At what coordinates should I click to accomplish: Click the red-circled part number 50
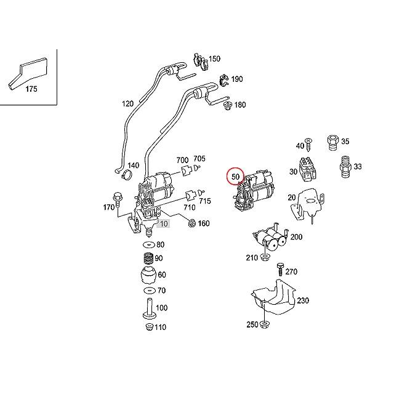pos(235,177)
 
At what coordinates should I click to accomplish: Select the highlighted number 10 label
pos(164,223)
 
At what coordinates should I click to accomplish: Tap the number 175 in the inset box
pos(31,89)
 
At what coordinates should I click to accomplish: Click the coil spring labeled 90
pos(149,259)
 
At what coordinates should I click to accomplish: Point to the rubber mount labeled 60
pos(149,275)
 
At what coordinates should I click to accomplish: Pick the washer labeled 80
pos(149,244)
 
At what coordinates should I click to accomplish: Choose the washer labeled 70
pos(149,291)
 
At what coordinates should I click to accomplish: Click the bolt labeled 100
pos(150,308)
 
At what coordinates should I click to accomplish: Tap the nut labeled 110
pos(150,327)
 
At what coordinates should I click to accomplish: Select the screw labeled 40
pos(308,145)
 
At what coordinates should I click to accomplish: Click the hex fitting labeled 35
pos(333,142)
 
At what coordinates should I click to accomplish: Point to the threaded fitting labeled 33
pos(345,167)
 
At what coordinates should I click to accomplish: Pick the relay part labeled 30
pos(307,169)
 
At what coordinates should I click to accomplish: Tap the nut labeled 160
pos(192,223)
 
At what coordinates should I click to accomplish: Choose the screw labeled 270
pos(281,269)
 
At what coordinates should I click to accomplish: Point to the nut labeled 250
pos(264,324)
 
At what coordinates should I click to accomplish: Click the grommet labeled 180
pos(228,106)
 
